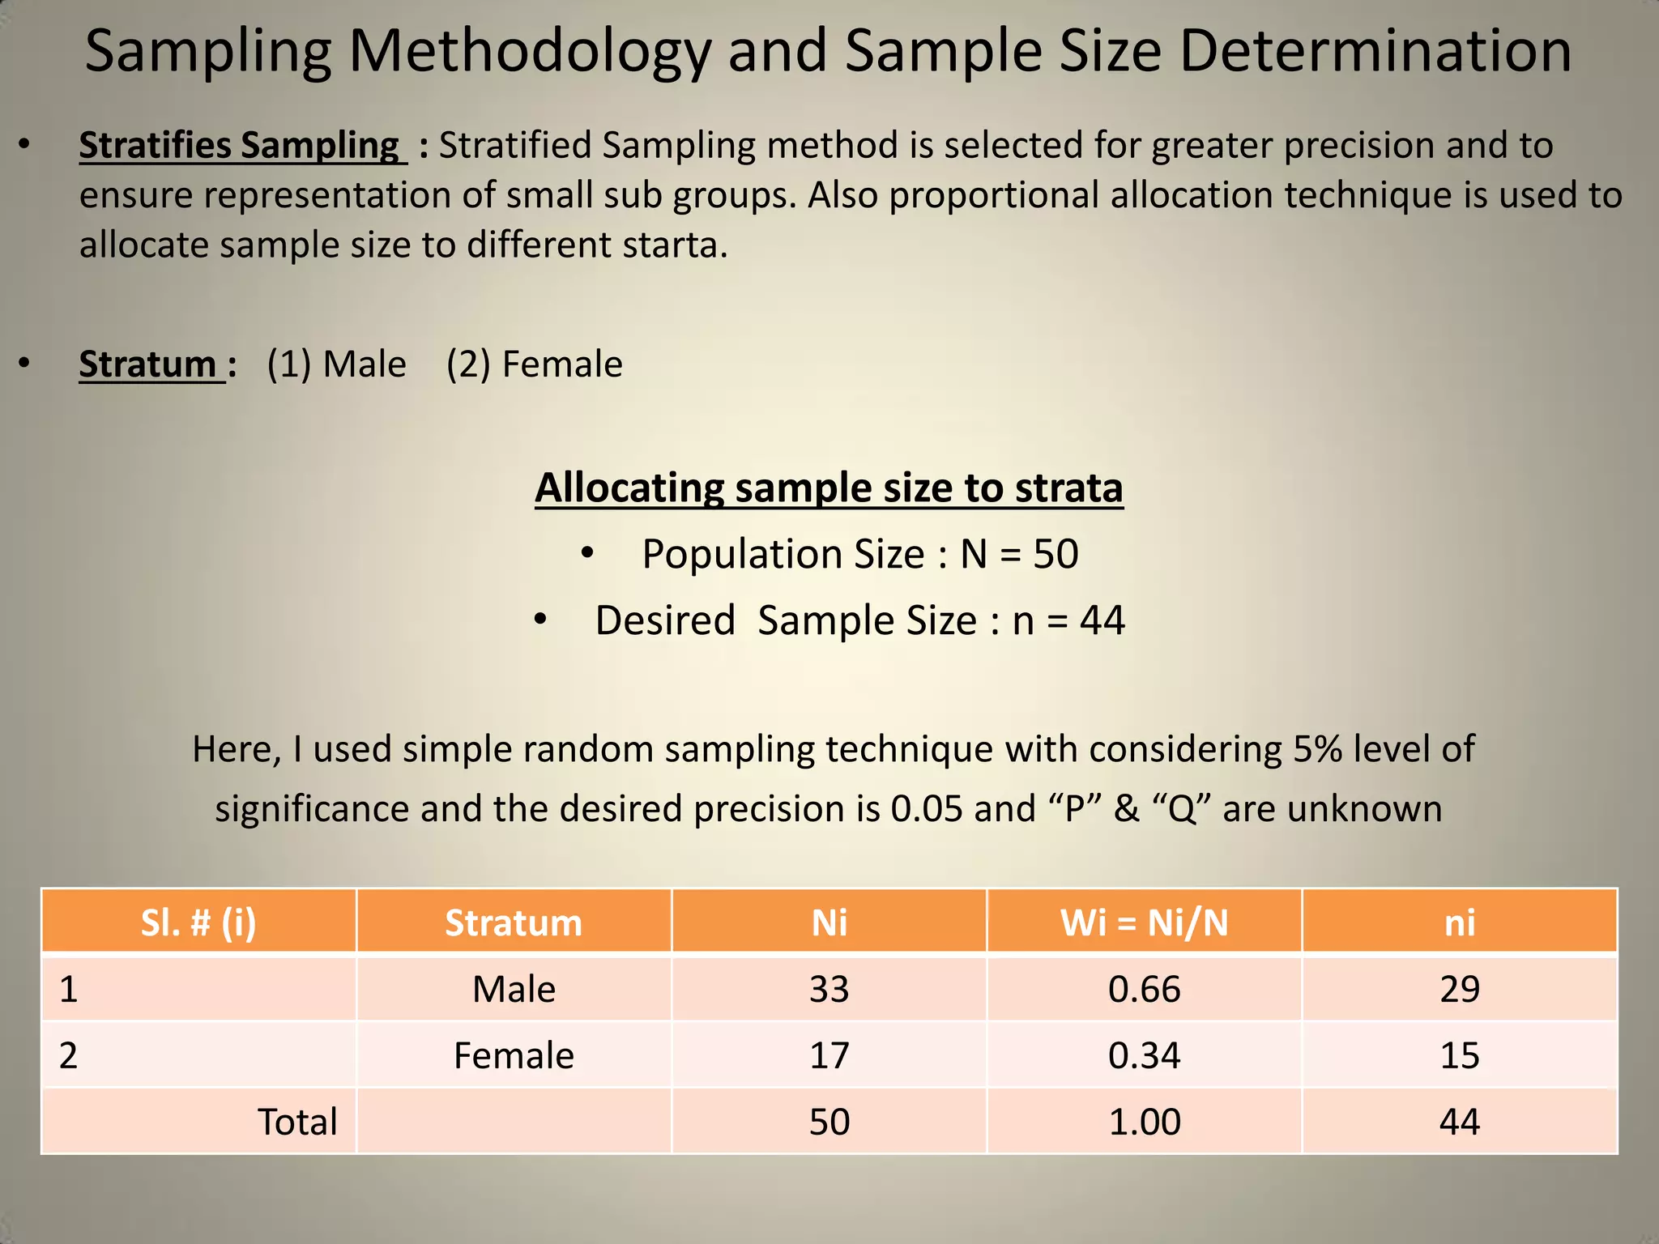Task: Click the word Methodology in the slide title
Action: [x=530, y=52]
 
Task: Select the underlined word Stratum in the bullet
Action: [x=147, y=364]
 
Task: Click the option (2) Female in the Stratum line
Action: [x=535, y=364]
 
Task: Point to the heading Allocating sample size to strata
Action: [x=829, y=488]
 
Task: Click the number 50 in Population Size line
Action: [x=1056, y=555]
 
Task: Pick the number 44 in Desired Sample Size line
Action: [x=1102, y=621]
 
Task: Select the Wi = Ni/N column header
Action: [x=1144, y=922]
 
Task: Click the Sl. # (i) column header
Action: [x=198, y=922]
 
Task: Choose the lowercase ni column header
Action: [x=1460, y=922]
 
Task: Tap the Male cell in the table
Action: [x=514, y=990]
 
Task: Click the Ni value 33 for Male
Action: [x=829, y=990]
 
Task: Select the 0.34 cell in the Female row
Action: [x=1144, y=1056]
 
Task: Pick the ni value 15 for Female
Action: [x=1460, y=1056]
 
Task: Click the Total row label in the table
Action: [x=296, y=1123]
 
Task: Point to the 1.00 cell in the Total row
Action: [x=1144, y=1123]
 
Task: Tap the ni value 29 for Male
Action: [x=1460, y=990]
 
